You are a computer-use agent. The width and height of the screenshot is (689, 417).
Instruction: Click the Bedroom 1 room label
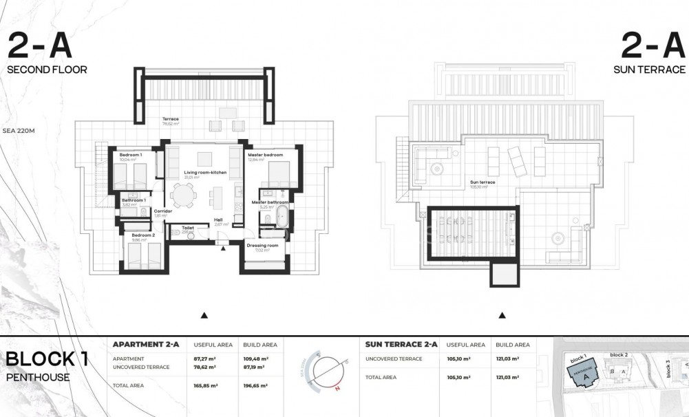tap(130, 156)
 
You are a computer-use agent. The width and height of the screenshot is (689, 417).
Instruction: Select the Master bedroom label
tap(266, 156)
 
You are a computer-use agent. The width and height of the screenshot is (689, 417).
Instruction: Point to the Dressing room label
tap(262, 246)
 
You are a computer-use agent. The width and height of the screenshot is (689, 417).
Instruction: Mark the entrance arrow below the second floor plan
tap(204, 315)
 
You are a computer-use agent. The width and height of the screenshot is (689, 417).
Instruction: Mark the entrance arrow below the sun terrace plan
tap(502, 315)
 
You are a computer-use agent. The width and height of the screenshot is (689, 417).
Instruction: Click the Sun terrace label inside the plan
tap(483, 182)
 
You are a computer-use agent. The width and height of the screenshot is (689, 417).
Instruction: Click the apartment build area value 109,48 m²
tap(255, 359)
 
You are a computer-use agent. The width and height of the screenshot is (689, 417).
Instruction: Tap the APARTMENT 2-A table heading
tap(145, 344)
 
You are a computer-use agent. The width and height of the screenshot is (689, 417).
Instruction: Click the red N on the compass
tap(337, 389)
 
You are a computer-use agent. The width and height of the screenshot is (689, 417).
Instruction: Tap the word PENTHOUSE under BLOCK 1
tap(38, 377)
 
